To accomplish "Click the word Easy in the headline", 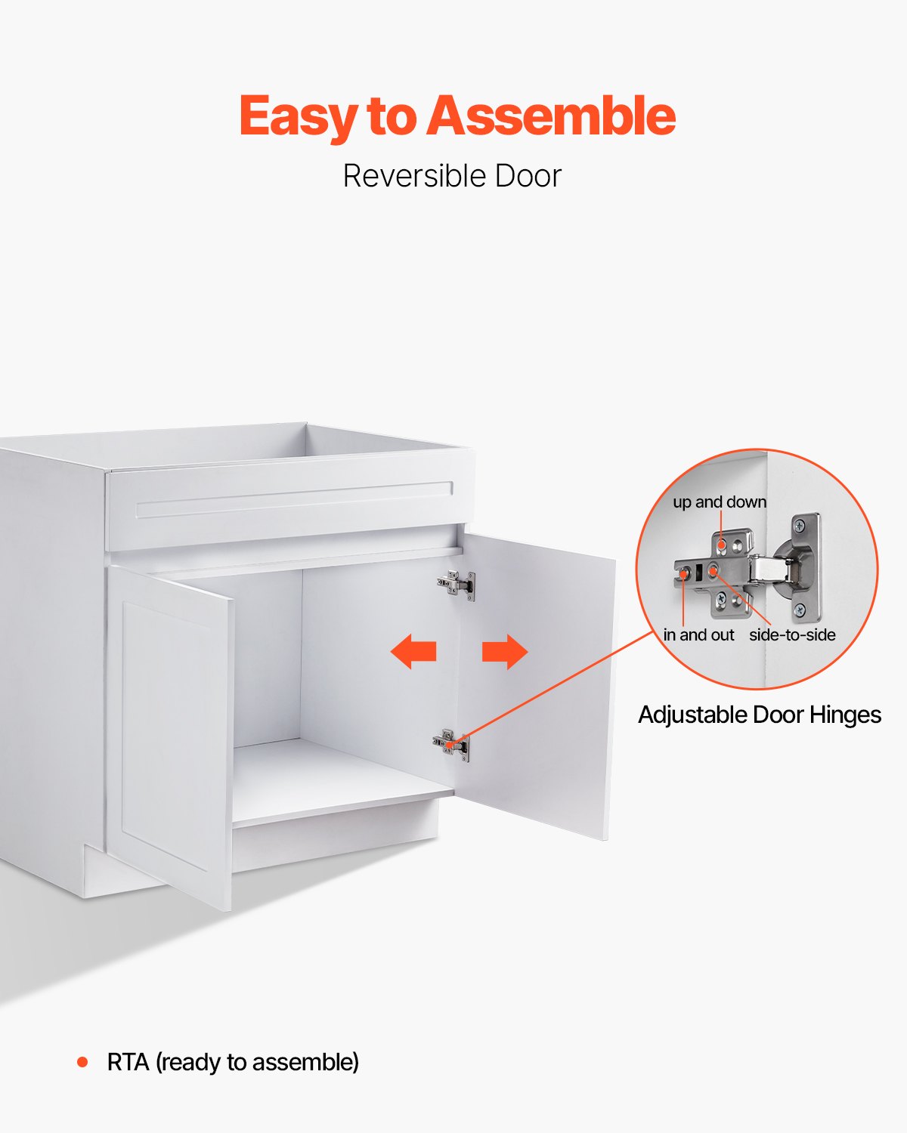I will coord(299,117).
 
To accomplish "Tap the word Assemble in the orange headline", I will coord(552,116).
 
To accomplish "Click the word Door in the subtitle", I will coord(528,176).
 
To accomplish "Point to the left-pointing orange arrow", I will coord(413,651).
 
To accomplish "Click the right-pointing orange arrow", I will coord(504,651).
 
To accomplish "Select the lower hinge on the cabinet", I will coord(451,745).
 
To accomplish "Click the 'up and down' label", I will coord(720,502).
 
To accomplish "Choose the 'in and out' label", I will coord(698,635).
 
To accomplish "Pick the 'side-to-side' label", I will coord(792,635).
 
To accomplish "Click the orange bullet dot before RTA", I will coord(82,1062).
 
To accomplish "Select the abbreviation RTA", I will coord(128,1062).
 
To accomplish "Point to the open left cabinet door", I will coord(170,733).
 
